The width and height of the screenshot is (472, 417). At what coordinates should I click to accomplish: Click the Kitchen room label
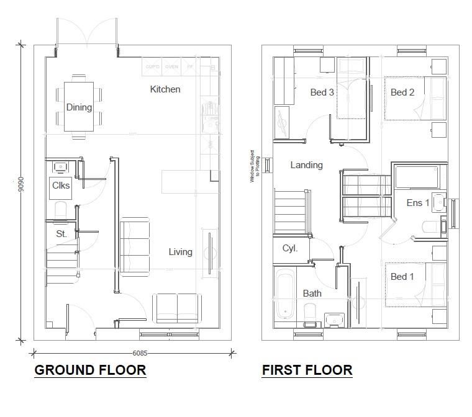tap(165, 89)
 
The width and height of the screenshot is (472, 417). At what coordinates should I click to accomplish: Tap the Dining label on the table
tap(79, 107)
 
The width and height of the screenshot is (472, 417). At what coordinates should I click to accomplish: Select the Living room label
tap(180, 252)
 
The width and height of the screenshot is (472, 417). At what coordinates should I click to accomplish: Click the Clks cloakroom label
tap(60, 186)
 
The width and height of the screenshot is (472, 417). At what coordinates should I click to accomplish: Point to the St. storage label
tap(61, 234)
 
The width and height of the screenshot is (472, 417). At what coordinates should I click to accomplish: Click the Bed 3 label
tap(322, 92)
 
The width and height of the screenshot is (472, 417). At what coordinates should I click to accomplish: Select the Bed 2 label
tap(402, 92)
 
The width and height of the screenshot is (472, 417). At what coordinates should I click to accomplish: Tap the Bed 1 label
tap(402, 276)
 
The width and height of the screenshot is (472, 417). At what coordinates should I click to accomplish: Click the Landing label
tap(306, 165)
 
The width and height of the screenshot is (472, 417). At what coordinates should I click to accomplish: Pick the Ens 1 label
tap(418, 203)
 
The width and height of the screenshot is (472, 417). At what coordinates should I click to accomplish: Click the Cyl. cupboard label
tap(290, 248)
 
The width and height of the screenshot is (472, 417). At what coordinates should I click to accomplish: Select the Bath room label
tap(312, 293)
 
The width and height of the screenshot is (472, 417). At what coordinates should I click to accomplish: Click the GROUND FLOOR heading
tap(90, 370)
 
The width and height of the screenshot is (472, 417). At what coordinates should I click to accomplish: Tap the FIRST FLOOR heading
tap(307, 370)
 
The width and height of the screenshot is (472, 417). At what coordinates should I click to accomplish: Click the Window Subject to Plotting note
tap(253, 166)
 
